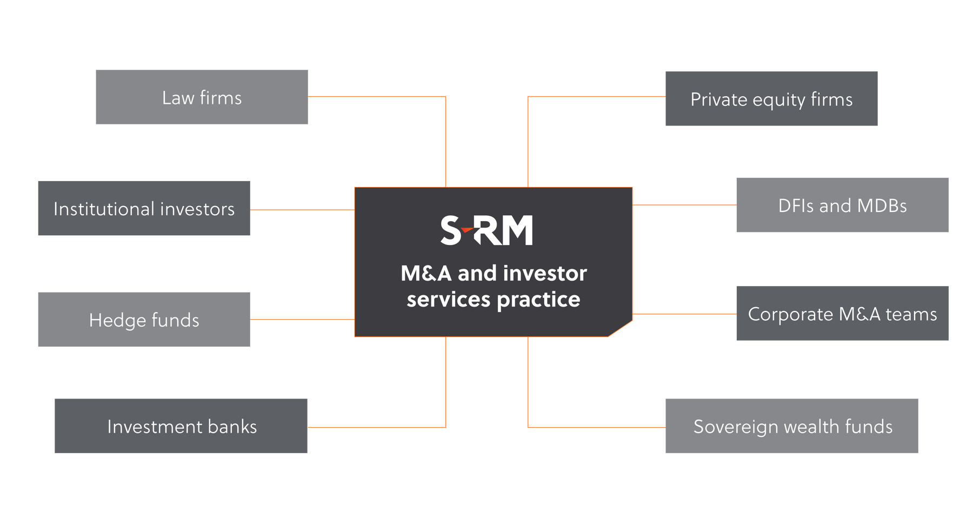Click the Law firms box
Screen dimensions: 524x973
pos(202,97)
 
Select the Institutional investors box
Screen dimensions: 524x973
pos(144,208)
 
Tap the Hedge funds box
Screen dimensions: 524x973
pos(144,320)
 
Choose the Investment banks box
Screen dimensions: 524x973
pos(181,427)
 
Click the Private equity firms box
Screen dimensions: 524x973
pos(771,99)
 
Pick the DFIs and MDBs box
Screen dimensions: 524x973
pos(842,205)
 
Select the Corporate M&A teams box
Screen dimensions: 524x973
pos(842,314)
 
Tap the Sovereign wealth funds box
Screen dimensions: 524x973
pos(791,426)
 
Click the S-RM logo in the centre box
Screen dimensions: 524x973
pos(486,230)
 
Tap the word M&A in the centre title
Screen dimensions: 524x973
pos(426,274)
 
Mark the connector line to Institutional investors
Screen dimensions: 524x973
pos(302,210)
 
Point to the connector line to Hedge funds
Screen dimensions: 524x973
pos(302,320)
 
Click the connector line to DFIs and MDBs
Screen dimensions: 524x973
pos(684,205)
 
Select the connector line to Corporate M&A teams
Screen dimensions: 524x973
pos(684,314)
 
